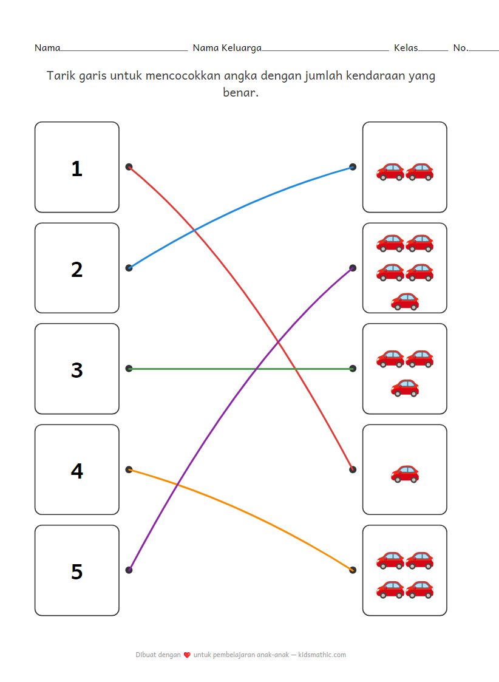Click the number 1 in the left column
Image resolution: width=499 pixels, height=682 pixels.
(76, 168)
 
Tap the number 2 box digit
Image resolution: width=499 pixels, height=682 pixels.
(76, 269)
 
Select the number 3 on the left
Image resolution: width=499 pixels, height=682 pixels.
(76, 370)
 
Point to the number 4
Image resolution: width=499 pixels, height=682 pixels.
(76, 471)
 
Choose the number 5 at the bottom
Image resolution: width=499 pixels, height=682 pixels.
(76, 571)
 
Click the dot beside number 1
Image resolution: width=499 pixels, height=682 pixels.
(129, 166)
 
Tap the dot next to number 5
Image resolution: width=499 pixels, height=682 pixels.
(129, 570)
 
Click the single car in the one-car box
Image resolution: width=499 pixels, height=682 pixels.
(405, 473)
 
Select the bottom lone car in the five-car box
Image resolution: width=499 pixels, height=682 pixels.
(405, 301)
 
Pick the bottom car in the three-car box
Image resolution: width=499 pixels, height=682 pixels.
(405, 387)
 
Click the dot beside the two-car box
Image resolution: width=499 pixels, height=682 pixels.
(353, 166)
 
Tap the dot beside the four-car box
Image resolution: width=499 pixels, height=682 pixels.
(353, 570)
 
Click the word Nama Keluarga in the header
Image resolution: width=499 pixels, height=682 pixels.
(227, 48)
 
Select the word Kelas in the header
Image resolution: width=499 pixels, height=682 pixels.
(406, 48)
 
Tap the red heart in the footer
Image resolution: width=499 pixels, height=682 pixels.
(187, 655)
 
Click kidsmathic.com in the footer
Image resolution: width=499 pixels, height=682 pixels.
(322, 655)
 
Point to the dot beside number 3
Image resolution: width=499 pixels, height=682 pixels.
(129, 369)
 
